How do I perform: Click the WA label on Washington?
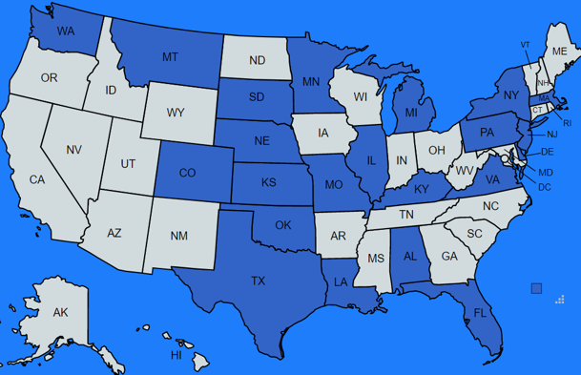[65, 31]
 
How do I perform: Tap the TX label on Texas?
[258, 281]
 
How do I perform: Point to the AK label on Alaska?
[60, 313]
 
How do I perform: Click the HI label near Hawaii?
[176, 355]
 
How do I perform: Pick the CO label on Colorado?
[188, 173]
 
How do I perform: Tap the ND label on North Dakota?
[257, 61]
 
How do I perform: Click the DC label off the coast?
[545, 187]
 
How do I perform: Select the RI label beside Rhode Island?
[566, 123]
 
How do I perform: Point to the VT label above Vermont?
[525, 45]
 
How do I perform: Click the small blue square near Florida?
[536, 288]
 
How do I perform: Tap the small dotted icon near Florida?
[560, 300]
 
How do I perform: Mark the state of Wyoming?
[176, 114]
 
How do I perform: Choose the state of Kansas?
[270, 182]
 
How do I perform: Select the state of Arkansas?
[338, 236]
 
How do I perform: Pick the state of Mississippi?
[375, 260]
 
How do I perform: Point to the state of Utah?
[128, 163]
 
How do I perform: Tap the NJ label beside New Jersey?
[551, 135]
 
